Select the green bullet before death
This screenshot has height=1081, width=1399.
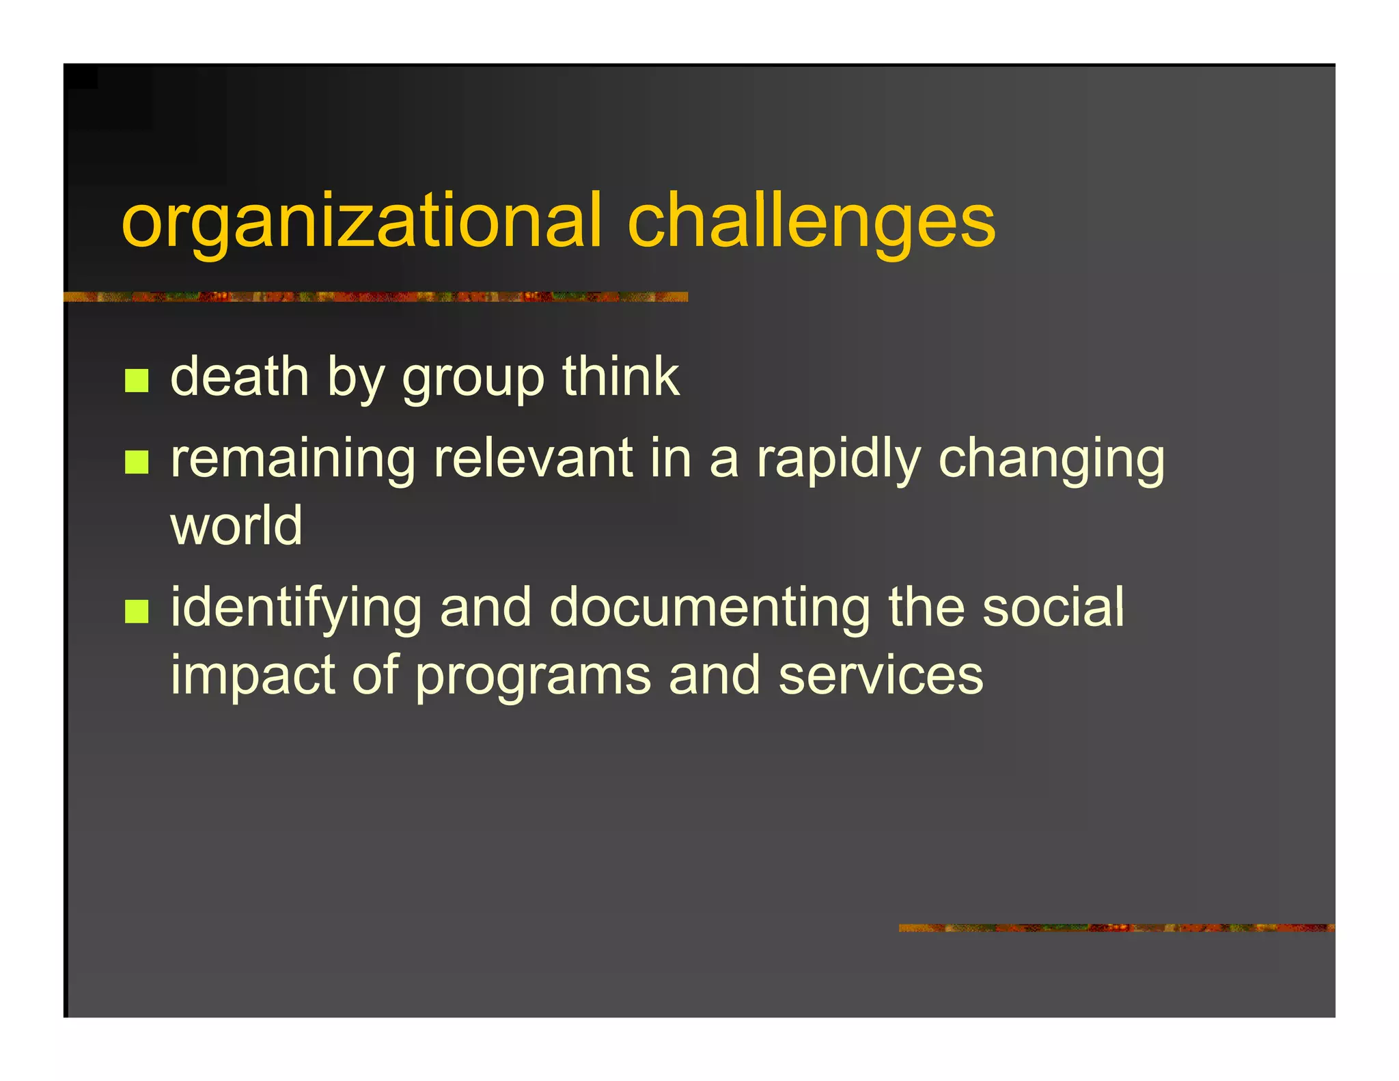137,381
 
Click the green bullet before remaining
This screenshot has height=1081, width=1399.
137,462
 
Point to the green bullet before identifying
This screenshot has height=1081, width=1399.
137,612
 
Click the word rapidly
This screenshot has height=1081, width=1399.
839,459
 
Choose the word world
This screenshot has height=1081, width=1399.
236,525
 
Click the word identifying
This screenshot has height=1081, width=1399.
296,608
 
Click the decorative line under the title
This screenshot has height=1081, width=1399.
375,297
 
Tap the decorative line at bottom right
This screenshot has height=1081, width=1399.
1116,928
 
